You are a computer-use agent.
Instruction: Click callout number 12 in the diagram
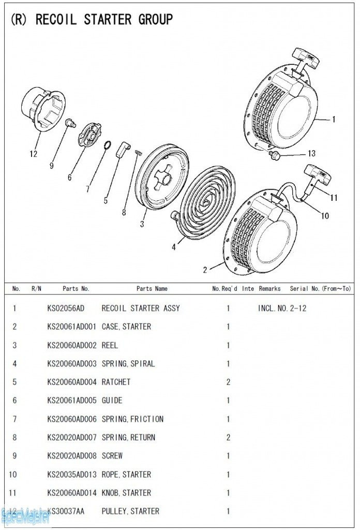[x=34, y=154]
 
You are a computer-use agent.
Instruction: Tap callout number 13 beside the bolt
[x=311, y=153]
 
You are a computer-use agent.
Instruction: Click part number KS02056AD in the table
[x=65, y=308]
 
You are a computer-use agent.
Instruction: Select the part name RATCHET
[x=116, y=382]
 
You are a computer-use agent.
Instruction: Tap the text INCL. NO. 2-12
[x=282, y=308]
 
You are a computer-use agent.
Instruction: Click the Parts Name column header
[x=152, y=288]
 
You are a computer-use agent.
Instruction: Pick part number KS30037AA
[x=65, y=511]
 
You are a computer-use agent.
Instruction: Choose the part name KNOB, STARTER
[x=126, y=493]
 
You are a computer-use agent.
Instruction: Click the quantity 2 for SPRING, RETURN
[x=228, y=437]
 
